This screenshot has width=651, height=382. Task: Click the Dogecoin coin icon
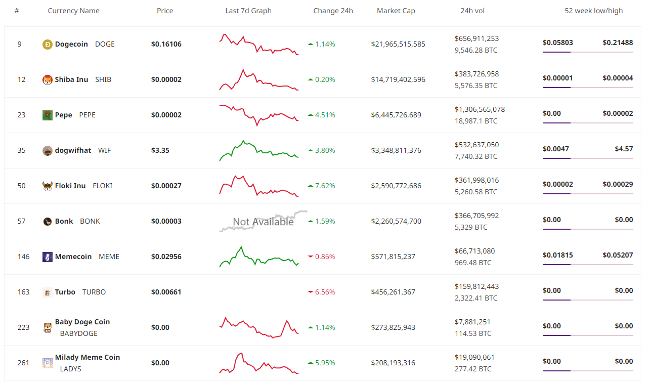47,45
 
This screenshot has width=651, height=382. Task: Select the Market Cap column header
396,11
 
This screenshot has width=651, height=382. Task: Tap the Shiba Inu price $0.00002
166,79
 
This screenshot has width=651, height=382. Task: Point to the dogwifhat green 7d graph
258,150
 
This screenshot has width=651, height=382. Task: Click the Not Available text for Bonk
263,222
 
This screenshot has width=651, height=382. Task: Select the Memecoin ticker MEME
109,257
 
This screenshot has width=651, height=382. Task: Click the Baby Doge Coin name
82,322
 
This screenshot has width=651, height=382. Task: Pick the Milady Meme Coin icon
47,363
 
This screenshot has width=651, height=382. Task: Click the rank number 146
23,257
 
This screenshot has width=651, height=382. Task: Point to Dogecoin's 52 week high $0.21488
617,43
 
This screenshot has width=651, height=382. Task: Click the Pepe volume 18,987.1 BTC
475,121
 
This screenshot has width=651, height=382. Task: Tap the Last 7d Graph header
248,11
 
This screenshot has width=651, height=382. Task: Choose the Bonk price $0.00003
166,221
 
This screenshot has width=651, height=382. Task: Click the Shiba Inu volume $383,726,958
476,74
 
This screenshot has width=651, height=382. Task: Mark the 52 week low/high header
593,11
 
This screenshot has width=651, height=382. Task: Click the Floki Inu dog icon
47,186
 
